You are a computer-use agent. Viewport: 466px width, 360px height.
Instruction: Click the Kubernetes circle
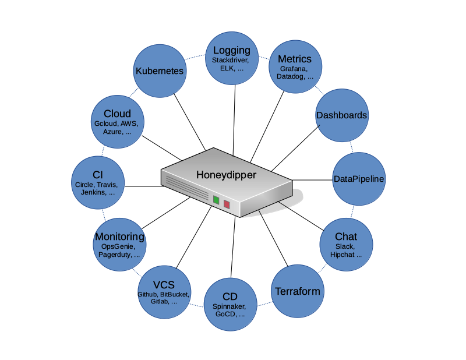click(x=160, y=72)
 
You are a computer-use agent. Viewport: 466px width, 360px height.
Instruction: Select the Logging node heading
click(x=231, y=50)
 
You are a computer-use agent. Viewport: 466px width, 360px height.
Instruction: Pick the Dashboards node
click(x=341, y=115)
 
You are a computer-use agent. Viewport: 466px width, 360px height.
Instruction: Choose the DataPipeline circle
click(x=359, y=178)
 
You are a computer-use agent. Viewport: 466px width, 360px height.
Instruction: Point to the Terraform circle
click(x=297, y=291)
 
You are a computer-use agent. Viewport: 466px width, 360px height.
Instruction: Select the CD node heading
click(x=230, y=297)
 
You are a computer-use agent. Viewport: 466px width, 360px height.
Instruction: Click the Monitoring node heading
click(x=119, y=237)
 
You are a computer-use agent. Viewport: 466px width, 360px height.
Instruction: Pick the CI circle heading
click(x=97, y=175)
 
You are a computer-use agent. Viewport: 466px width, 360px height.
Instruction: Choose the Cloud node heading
click(x=117, y=114)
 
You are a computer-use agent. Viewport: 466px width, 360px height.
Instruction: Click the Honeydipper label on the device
click(x=226, y=174)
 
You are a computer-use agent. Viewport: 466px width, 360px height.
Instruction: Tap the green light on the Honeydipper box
click(x=216, y=200)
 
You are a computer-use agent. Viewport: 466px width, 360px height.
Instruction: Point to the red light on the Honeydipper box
click(x=227, y=204)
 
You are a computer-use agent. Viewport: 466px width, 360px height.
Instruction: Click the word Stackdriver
click(x=231, y=60)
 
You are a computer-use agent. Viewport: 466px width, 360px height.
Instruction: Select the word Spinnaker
click(x=230, y=306)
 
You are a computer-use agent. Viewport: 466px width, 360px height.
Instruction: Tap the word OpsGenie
click(x=118, y=246)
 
